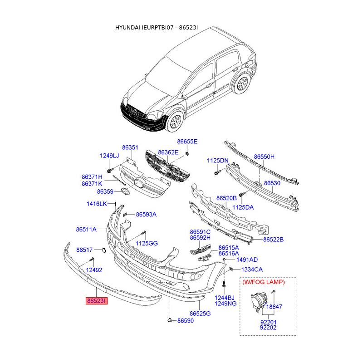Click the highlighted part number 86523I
click(x=97, y=301)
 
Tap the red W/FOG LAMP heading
click(x=263, y=282)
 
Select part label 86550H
click(x=264, y=157)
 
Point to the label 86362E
click(x=168, y=152)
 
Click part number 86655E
click(x=187, y=142)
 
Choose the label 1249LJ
click(x=109, y=156)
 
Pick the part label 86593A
click(x=146, y=214)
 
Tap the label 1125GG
click(x=147, y=244)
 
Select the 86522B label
click(x=273, y=239)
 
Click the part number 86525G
click(x=200, y=314)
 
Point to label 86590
click(x=185, y=321)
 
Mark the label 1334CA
click(x=252, y=270)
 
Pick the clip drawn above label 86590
click(x=169, y=320)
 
